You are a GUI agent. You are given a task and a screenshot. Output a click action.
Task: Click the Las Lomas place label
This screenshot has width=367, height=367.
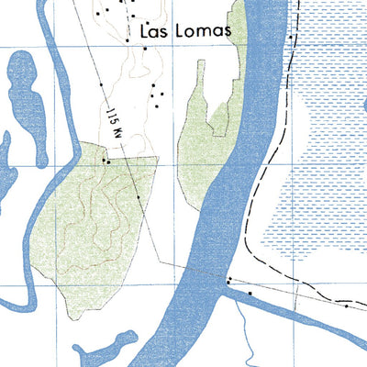pos(183,31)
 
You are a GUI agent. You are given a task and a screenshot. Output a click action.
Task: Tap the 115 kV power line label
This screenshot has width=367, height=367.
pos(113,120)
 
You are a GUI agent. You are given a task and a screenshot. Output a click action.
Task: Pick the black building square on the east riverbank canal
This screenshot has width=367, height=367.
pos(250,294)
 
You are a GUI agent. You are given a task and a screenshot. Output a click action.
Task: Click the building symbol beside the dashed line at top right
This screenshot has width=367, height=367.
pos(291,39)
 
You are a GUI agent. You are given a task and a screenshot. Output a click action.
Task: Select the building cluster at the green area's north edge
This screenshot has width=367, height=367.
pos(106,161)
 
